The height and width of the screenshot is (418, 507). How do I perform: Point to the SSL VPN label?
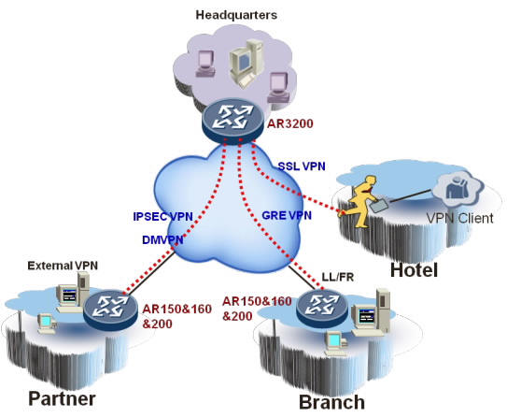pos(303,166)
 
